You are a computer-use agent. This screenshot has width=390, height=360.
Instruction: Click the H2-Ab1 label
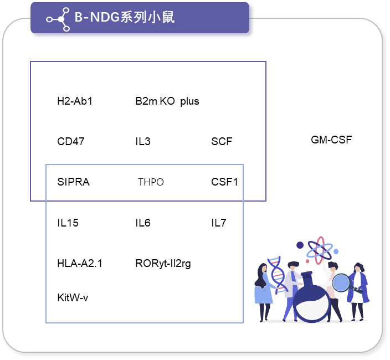pyautogui.click(x=75, y=101)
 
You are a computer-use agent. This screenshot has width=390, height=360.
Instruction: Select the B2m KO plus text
pyautogui.click(x=167, y=101)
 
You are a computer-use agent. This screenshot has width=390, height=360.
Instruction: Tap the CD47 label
pyautogui.click(x=71, y=141)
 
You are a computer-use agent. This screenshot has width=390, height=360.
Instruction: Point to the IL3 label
pyautogui.click(x=143, y=141)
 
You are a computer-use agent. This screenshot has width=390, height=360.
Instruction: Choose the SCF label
pyautogui.click(x=222, y=141)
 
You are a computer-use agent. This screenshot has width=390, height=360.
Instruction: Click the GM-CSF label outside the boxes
pyautogui.click(x=331, y=140)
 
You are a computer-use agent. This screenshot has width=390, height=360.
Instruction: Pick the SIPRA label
pyautogui.click(x=73, y=182)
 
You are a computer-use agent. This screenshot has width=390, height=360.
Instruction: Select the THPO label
pyautogui.click(x=151, y=182)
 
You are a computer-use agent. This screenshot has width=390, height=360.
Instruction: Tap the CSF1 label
pyautogui.click(x=224, y=182)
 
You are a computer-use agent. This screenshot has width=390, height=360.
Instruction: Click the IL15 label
pyautogui.click(x=68, y=223)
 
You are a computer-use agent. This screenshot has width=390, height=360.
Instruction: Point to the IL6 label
pyautogui.click(x=143, y=223)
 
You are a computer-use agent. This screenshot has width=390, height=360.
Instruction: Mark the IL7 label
pyautogui.click(x=219, y=223)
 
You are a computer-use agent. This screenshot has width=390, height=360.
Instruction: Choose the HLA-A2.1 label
pyautogui.click(x=80, y=263)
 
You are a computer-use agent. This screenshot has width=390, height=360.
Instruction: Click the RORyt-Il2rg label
pyautogui.click(x=163, y=264)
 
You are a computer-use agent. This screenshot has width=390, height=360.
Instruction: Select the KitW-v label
pyautogui.click(x=73, y=297)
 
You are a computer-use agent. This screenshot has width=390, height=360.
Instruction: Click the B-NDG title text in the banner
pyautogui.click(x=125, y=17)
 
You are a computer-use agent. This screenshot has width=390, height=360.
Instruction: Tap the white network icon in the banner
pyautogui.click(x=58, y=19)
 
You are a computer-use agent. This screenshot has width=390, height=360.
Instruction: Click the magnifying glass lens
pyautogui.click(x=341, y=282)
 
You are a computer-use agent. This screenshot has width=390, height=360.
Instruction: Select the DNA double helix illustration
pyautogui.click(x=278, y=275)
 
